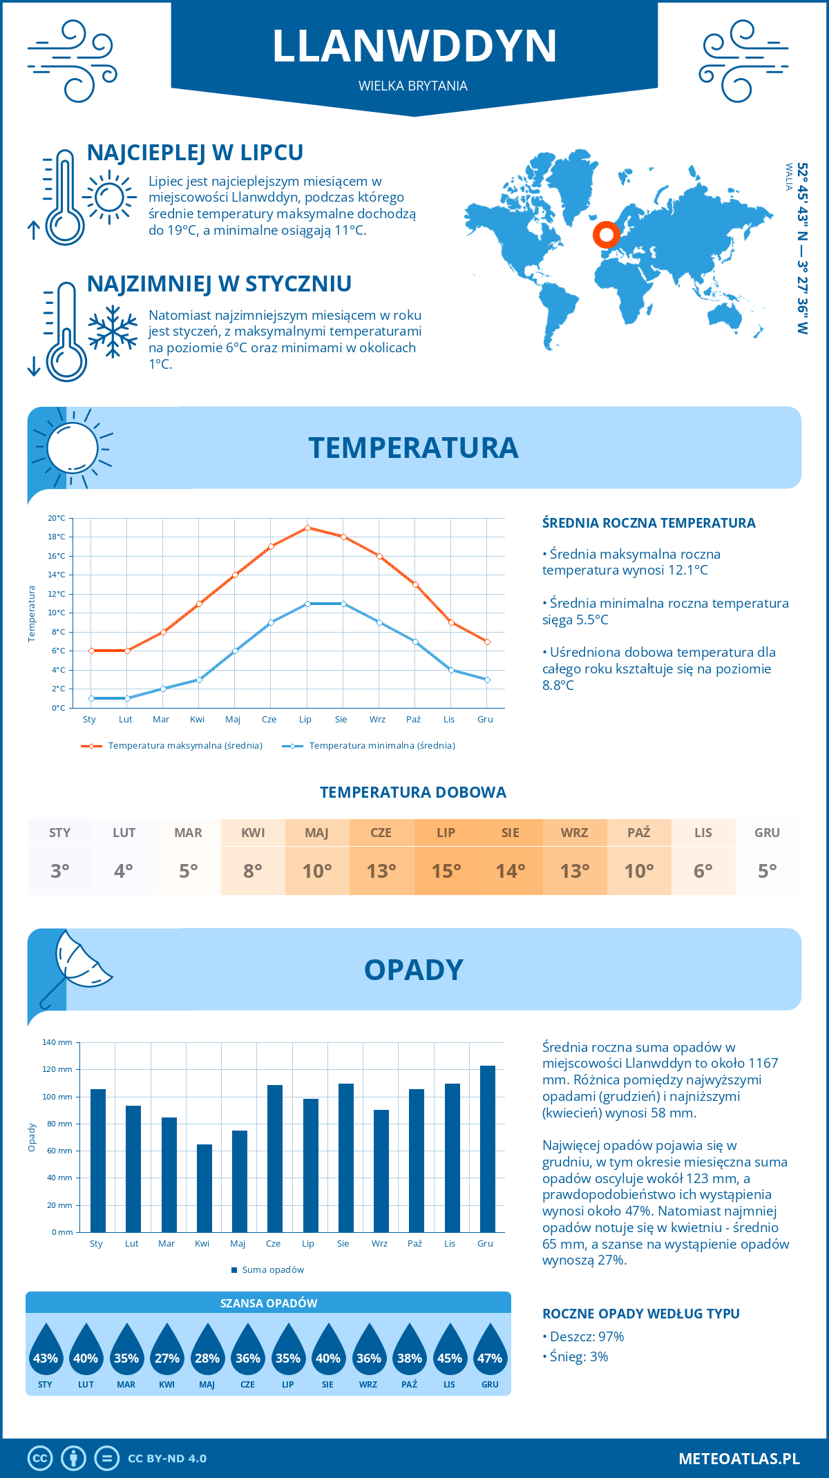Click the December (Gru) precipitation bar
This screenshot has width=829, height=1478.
click(488, 1149)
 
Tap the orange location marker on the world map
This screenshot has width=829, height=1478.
click(607, 235)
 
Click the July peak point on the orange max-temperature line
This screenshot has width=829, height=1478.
click(307, 528)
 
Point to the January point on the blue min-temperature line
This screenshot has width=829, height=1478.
click(91, 698)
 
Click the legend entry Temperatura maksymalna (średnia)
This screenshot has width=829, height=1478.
click(172, 746)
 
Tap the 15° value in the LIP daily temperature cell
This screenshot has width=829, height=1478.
click(446, 871)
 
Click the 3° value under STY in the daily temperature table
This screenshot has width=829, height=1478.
click(59, 871)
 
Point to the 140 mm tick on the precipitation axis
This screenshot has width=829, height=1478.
click(58, 1042)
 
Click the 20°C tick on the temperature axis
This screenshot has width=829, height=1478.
click(57, 518)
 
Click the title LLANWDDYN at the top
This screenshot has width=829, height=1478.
click(414, 46)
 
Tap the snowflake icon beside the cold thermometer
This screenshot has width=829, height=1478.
click(113, 332)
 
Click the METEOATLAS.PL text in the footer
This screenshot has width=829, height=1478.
click(739, 1459)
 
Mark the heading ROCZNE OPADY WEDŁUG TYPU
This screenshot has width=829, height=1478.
click(640, 1314)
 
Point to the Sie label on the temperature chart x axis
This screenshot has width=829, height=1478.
click(341, 720)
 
